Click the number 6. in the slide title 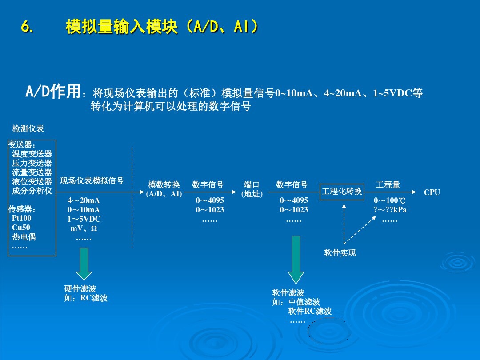pos(27,28)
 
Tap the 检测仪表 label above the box pos(28,129)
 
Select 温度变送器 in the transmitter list pos(32,154)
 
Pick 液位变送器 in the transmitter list pos(32,182)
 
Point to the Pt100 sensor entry pos(22,219)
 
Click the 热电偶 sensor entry pos(24,237)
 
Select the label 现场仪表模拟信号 pos(92,181)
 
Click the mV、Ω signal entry pos(84,228)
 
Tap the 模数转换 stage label pos(164,185)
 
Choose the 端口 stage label pos(252,185)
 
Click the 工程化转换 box pos(342,192)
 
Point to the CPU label pos(432,192)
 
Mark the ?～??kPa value pos(390,210)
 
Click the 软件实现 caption pos(340,253)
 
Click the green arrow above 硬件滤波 pos(84,263)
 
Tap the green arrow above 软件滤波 pos(296,259)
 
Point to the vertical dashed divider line pos(132,198)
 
